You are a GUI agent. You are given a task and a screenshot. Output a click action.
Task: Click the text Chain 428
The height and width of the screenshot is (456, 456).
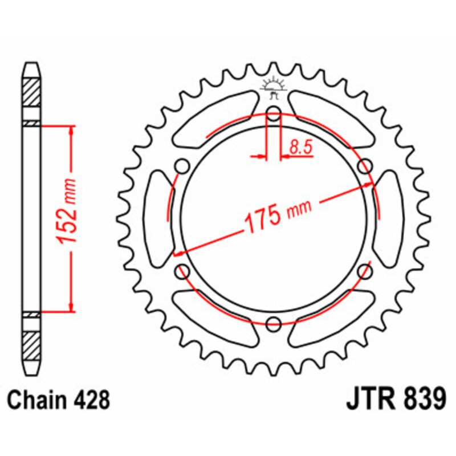[x=59, y=400]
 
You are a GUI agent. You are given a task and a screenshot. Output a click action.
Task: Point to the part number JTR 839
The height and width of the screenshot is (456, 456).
[x=396, y=400]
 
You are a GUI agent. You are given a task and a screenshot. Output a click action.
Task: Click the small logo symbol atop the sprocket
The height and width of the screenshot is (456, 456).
[x=274, y=85]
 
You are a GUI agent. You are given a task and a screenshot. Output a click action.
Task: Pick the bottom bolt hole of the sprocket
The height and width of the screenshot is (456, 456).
[x=274, y=324]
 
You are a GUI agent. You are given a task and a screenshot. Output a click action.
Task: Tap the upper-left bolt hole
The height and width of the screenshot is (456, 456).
[x=182, y=166]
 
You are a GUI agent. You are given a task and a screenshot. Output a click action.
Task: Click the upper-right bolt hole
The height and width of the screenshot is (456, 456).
[x=365, y=166]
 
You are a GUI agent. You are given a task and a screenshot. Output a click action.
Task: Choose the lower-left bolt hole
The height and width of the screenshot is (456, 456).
[x=182, y=271]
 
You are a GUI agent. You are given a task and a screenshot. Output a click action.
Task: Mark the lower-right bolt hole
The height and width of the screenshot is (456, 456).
[x=365, y=271]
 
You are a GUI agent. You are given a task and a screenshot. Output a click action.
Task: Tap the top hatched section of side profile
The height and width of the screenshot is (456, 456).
[x=31, y=91]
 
